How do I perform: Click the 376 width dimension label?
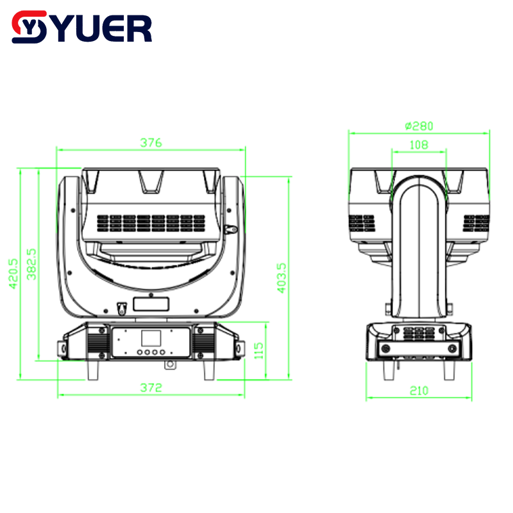click(x=151, y=142)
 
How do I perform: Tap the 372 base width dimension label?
click(x=151, y=388)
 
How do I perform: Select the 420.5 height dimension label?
click(x=13, y=274)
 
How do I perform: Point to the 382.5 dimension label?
click(x=31, y=264)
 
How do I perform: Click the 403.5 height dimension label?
click(x=282, y=278)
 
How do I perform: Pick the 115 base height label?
click(x=259, y=351)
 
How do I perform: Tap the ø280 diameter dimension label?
click(x=419, y=126)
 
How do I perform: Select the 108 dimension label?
click(x=419, y=145)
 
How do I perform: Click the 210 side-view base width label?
click(x=419, y=391)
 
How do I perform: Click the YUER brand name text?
click(x=105, y=28)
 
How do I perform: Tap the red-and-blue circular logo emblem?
click(x=29, y=27)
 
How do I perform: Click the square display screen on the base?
click(x=151, y=339)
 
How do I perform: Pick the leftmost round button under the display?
click(x=139, y=352)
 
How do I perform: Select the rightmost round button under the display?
click(x=163, y=352)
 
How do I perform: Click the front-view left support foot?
click(x=93, y=370)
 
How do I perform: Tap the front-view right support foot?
click(x=209, y=370)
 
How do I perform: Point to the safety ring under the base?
click(x=170, y=364)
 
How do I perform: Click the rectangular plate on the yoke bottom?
click(x=151, y=304)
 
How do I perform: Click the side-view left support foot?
click(x=389, y=371)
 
